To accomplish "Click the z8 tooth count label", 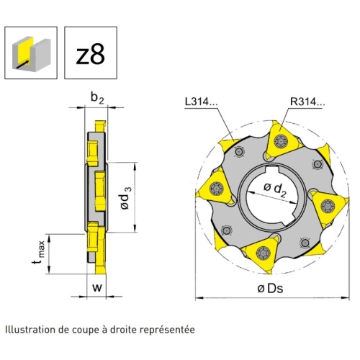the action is [91, 55].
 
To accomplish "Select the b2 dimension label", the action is [97, 98].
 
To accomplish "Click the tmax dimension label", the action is [38, 253].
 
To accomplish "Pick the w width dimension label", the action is [97, 287].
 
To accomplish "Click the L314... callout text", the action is [201, 102].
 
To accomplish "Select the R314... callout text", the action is [307, 102].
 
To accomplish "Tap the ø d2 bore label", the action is [275, 189].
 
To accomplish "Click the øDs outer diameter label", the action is [270, 288].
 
